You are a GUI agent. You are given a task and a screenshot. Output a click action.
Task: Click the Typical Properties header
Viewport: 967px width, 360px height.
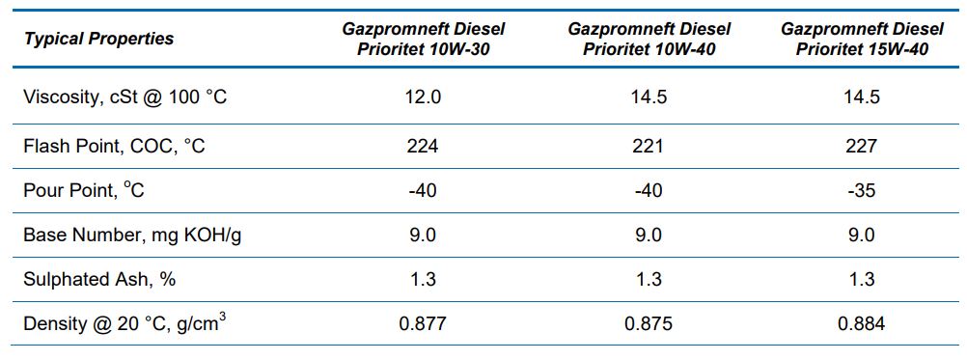98,39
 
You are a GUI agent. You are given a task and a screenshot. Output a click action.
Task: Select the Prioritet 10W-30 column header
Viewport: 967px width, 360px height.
423,39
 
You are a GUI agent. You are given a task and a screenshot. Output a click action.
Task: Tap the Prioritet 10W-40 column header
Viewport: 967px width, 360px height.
649,39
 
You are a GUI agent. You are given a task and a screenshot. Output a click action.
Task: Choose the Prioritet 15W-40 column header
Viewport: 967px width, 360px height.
862,39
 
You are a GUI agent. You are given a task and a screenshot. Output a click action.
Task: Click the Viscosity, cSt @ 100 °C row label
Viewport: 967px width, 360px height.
125,97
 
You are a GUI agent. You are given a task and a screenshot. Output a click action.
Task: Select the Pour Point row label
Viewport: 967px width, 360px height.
84,190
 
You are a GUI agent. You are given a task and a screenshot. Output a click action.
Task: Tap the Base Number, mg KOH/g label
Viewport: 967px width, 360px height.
132,235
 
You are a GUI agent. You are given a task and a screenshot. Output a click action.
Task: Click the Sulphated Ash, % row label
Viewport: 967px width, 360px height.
99,279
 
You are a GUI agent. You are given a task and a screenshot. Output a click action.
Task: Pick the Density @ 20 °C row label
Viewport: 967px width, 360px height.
125,323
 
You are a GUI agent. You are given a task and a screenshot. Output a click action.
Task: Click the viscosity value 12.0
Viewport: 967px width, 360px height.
423,97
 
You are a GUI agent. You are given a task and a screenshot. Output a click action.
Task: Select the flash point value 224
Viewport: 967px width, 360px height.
423,146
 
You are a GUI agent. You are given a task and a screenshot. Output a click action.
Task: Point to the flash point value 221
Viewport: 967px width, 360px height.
649,146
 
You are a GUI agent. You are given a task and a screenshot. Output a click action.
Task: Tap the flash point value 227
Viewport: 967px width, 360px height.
861,146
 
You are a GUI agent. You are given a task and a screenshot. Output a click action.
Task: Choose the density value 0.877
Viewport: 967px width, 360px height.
423,323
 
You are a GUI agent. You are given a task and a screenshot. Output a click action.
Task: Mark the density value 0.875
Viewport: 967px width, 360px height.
649,323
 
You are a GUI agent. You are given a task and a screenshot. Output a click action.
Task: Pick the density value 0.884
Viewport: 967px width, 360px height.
861,323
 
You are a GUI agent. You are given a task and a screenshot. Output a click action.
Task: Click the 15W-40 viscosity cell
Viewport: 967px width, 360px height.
861,97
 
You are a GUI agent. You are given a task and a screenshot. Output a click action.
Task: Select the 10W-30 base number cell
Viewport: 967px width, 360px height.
423,235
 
